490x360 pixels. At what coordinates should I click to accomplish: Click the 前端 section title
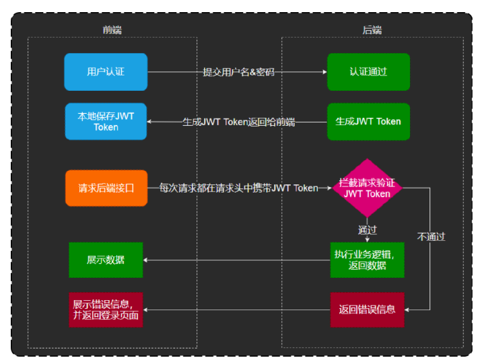pyautogui.click(x=112, y=30)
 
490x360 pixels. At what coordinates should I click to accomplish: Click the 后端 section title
pyautogui.click(x=372, y=30)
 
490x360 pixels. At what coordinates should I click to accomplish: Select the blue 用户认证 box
pyautogui.click(x=106, y=72)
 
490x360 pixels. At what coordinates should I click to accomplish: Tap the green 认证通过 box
pyautogui.click(x=368, y=72)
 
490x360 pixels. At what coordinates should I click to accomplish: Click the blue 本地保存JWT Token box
pyautogui.click(x=106, y=121)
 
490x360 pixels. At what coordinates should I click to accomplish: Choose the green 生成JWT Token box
pyautogui.click(x=368, y=121)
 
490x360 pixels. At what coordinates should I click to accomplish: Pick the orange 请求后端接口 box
pyautogui.click(x=106, y=188)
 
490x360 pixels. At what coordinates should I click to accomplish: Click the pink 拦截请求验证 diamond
pyautogui.click(x=367, y=188)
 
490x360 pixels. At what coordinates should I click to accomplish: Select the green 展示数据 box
pyautogui.click(x=106, y=260)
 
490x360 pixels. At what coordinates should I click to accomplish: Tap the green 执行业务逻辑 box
pyautogui.click(x=367, y=260)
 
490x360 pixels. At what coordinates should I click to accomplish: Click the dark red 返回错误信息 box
pyautogui.click(x=367, y=310)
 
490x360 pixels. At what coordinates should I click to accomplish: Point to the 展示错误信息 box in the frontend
pyautogui.click(x=106, y=310)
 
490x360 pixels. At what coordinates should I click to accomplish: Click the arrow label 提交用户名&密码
pyautogui.click(x=238, y=72)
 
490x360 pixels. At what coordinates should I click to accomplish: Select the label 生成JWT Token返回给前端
pyautogui.click(x=238, y=122)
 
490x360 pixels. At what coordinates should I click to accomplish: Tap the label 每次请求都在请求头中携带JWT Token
pyautogui.click(x=238, y=188)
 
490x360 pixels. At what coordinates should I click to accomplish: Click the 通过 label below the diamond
pyautogui.click(x=367, y=230)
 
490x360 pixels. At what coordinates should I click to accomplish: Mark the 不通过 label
pyautogui.click(x=431, y=237)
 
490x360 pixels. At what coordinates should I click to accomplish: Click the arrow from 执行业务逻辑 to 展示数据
pyautogui.click(x=236, y=260)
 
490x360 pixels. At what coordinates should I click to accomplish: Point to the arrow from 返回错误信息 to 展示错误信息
pyautogui.click(x=236, y=310)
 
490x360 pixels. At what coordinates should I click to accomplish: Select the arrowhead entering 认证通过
pyautogui.click(x=324, y=72)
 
